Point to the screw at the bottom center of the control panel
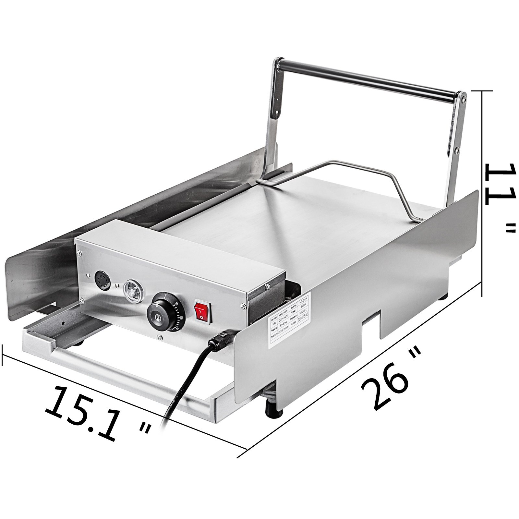[x=159, y=338]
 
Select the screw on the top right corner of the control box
[x=268, y=286]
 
